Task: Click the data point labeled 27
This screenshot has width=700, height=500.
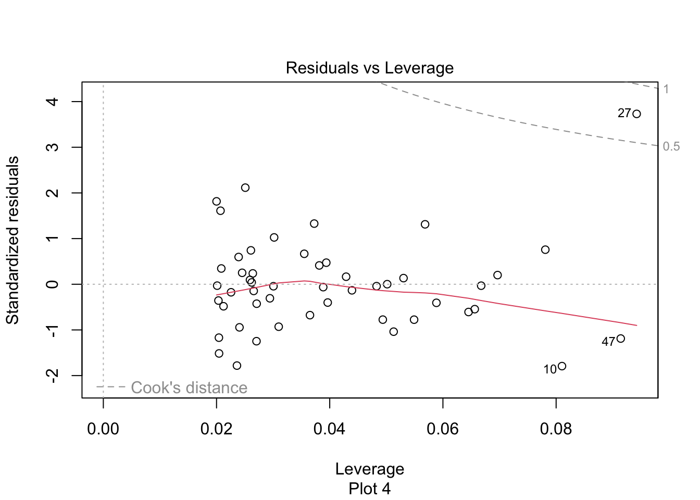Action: click(x=636, y=114)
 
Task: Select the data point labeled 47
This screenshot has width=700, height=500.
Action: click(x=620, y=339)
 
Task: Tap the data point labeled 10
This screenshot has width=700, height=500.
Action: click(x=562, y=366)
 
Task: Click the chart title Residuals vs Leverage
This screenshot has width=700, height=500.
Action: click(x=369, y=68)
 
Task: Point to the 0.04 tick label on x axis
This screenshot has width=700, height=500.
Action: click(x=329, y=429)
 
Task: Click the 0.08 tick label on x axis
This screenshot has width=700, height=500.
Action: click(x=556, y=429)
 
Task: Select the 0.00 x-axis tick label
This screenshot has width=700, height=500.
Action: click(x=103, y=429)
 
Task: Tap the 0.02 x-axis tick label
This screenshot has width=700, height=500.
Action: click(x=216, y=429)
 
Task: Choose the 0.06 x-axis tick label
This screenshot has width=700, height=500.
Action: click(x=443, y=429)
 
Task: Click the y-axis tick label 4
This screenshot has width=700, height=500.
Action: click(x=52, y=102)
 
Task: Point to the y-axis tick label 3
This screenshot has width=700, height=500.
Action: click(x=52, y=147)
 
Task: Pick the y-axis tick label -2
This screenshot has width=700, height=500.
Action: click(x=52, y=375)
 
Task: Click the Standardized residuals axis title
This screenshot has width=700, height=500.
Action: click(x=12, y=240)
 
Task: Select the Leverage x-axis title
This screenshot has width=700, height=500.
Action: click(x=369, y=469)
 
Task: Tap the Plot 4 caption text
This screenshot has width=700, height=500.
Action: click(x=369, y=489)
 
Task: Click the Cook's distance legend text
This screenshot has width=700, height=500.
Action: click(x=189, y=388)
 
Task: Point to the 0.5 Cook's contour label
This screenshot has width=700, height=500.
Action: click(x=671, y=146)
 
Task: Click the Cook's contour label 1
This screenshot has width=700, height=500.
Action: click(x=666, y=89)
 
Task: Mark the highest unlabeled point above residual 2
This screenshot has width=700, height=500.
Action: click(x=245, y=187)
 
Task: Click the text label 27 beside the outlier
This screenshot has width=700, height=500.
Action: click(x=624, y=113)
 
